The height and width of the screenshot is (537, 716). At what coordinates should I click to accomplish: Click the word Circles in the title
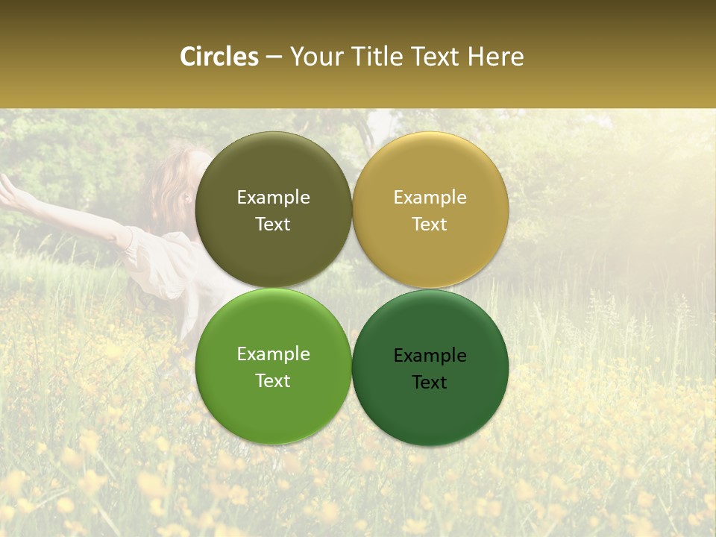219,57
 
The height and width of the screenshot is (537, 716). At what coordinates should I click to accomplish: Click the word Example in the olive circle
273,198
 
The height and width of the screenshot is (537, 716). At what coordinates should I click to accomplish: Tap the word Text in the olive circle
273,224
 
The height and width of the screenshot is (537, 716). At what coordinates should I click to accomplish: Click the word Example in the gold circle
430,198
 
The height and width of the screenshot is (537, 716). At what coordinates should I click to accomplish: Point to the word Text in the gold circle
430,224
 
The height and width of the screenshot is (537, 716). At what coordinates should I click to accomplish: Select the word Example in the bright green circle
273,354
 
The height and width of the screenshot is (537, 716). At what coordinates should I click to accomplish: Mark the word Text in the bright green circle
273,381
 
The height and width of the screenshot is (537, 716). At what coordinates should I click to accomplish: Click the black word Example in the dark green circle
430,356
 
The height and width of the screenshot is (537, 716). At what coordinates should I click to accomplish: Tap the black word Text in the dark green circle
430,383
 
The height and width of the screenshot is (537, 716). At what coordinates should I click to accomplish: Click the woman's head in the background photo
175,190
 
